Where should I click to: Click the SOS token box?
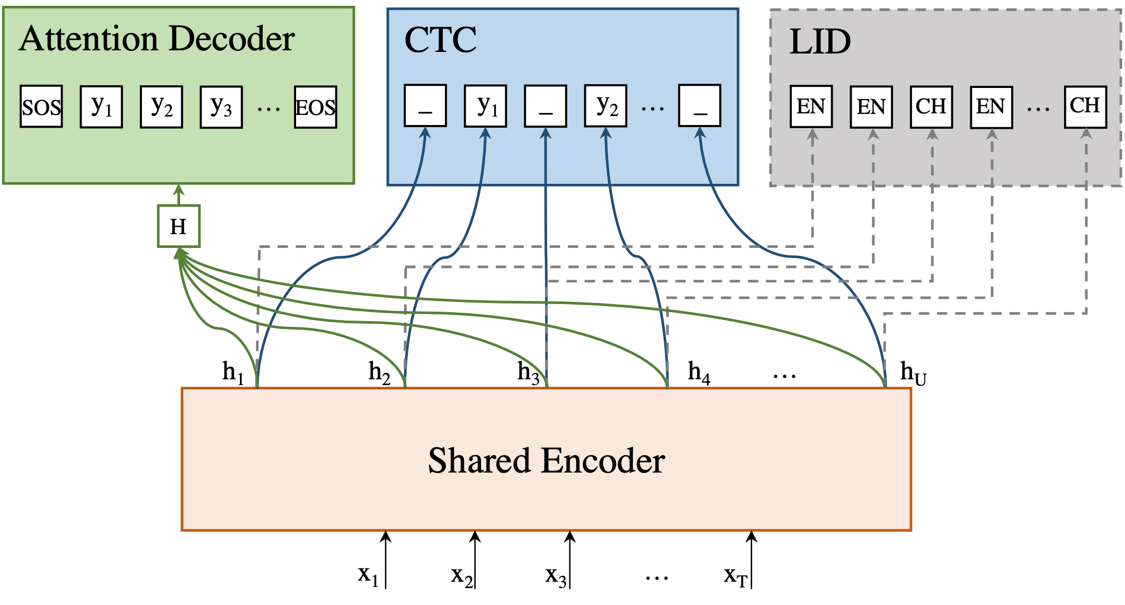point(41,106)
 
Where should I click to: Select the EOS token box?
point(316,107)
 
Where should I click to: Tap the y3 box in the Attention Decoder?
point(221,107)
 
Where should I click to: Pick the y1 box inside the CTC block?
point(486,106)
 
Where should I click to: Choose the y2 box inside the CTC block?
point(606,106)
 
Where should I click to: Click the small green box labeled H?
point(179,226)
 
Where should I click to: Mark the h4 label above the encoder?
point(699,372)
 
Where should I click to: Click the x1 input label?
point(368,575)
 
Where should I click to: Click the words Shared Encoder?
point(546,460)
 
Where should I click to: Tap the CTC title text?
point(440,40)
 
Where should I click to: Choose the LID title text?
point(820,42)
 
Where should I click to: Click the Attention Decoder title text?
point(157,39)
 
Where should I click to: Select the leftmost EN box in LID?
point(811,106)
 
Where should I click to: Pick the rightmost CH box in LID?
point(1086,106)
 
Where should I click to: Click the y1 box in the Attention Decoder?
point(102,106)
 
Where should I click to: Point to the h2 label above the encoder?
point(379,372)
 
